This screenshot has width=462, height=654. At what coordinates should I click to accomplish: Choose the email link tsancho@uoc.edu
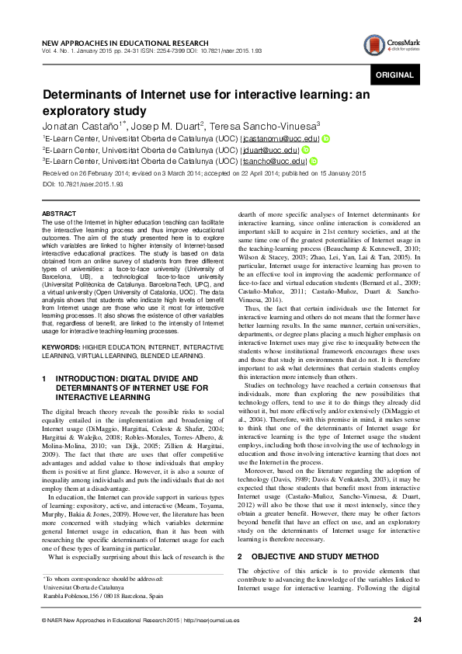(257, 161)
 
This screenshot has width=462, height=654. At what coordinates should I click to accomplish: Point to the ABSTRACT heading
(58, 213)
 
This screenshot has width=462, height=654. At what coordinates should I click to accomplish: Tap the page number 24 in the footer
(417, 619)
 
